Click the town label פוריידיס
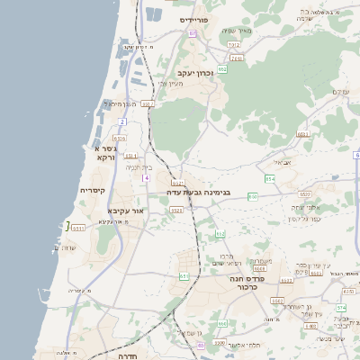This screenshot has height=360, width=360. tap(193, 19)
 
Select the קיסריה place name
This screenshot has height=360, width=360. tap(93, 191)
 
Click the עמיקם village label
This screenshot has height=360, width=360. tap(339, 92)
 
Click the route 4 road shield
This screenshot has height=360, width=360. tap(144, 177)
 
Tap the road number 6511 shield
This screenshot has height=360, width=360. tap(78, 228)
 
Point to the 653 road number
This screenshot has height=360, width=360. tap(184, 276)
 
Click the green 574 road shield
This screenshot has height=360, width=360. tap(341, 307)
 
